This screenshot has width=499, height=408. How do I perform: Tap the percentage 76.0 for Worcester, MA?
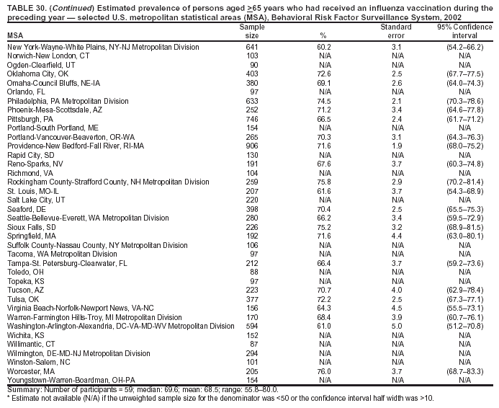pos(324,371)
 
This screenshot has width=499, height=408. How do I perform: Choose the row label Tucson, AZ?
pos(27,290)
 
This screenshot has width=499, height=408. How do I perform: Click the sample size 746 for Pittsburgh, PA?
pos(251,118)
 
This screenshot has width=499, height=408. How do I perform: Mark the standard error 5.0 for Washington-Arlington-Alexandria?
pos(396,326)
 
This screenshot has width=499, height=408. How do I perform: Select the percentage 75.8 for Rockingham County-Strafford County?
pos(324,182)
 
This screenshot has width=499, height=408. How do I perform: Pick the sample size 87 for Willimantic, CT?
pos(251,344)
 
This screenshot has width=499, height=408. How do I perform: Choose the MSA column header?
pos(14,35)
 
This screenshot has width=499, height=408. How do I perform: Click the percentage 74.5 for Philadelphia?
pos(324,100)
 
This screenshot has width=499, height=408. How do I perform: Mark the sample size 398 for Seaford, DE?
pos(251,208)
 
